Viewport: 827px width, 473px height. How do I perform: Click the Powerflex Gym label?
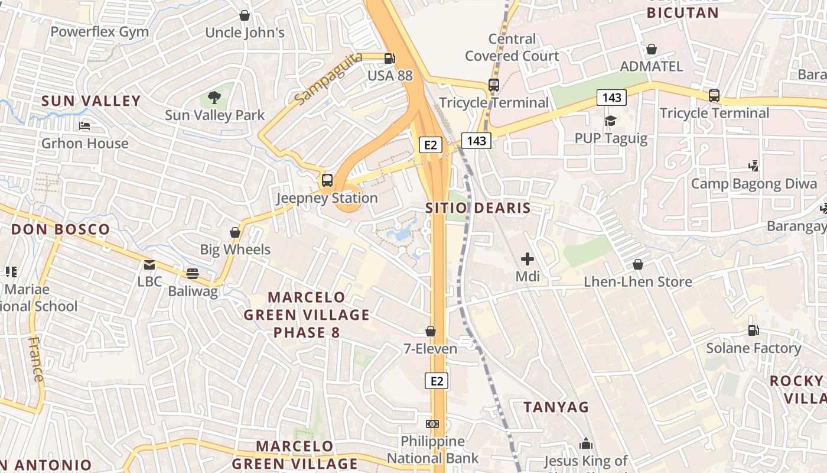click(x=99, y=31)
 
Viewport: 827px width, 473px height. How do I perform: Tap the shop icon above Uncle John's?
click(x=244, y=15)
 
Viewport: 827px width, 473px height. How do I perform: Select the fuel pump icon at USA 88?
click(x=389, y=59)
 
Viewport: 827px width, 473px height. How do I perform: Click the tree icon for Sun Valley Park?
click(x=214, y=97)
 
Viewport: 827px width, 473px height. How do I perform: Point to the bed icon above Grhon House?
click(x=84, y=126)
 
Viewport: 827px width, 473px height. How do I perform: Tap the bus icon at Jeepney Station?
click(x=327, y=180)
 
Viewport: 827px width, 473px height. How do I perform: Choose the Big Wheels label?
click(x=235, y=250)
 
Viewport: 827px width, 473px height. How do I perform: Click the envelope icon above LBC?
click(x=149, y=264)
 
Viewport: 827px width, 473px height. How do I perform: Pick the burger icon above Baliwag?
click(x=193, y=274)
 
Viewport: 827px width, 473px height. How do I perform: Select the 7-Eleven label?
click(x=430, y=349)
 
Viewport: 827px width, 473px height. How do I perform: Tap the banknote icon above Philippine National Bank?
click(x=432, y=424)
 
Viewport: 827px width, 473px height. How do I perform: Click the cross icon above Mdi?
click(x=528, y=259)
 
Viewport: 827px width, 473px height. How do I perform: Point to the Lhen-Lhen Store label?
click(x=638, y=281)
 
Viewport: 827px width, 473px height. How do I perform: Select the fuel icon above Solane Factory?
click(x=753, y=331)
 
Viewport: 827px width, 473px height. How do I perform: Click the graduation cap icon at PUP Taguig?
click(x=610, y=121)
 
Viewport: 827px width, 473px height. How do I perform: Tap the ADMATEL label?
click(x=651, y=66)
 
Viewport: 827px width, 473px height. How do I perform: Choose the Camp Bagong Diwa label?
click(x=754, y=183)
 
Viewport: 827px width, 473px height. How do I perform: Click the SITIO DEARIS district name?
click(x=478, y=208)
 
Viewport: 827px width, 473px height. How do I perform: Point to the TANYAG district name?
click(x=556, y=407)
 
